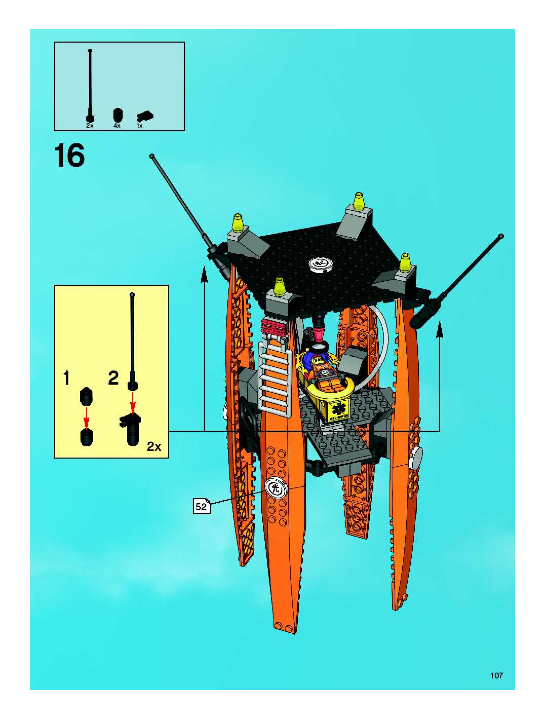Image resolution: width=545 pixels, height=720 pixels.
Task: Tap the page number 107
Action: click(x=497, y=675)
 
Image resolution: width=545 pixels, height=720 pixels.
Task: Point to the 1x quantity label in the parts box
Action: click(x=140, y=126)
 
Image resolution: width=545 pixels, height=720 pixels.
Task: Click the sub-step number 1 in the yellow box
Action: click(x=67, y=378)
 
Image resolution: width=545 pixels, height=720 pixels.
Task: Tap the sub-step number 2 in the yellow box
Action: click(x=113, y=378)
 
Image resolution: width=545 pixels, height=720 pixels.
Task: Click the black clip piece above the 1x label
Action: click(x=145, y=116)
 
